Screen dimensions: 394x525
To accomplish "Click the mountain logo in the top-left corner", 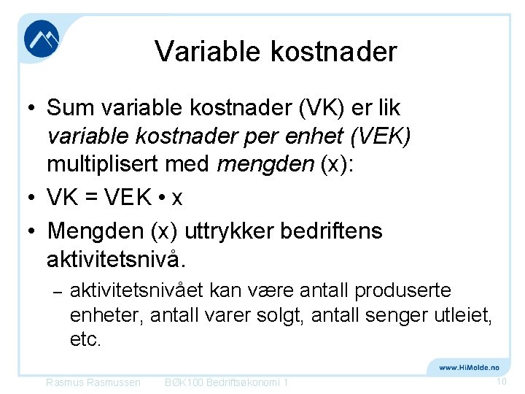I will pos(42,39).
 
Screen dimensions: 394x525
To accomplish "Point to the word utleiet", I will pos(457,316).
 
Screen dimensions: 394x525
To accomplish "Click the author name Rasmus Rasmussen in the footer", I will pos(93,382).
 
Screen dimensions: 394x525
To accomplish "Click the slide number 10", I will pos(501,382).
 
